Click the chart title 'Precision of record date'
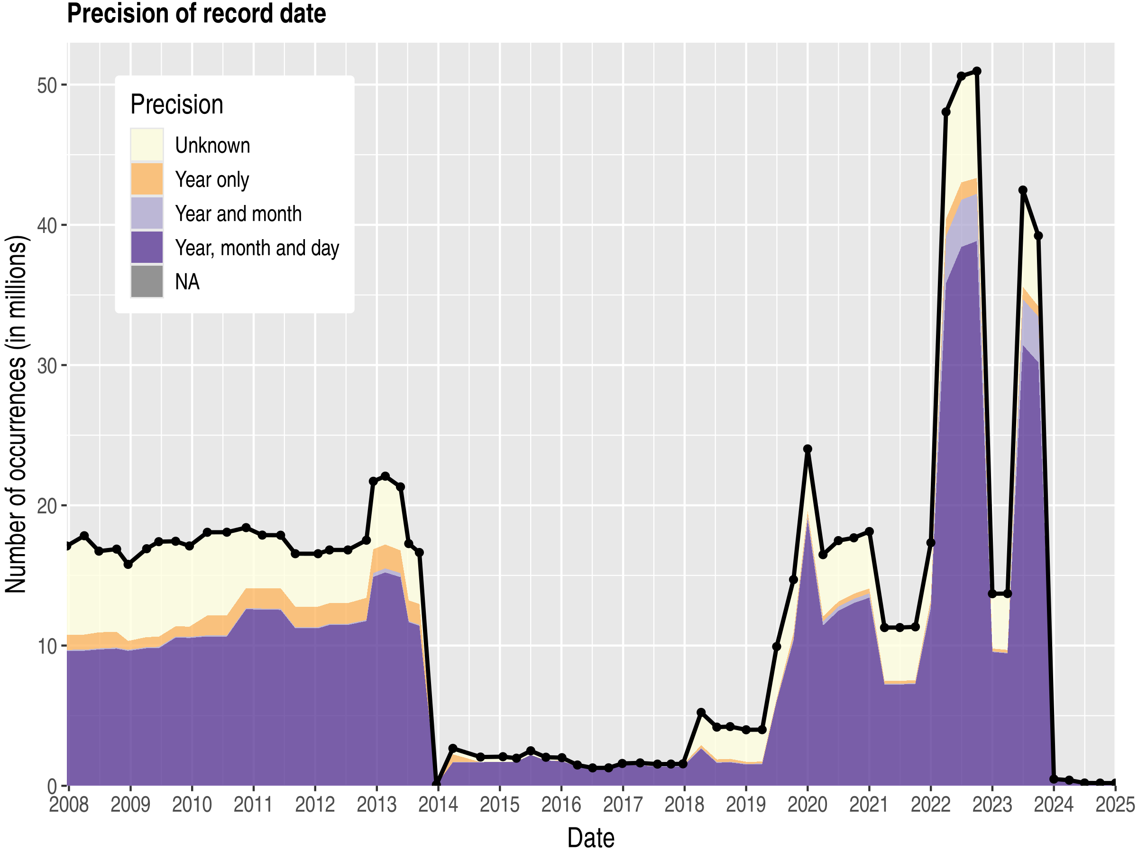[x=196, y=14]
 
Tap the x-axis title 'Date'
[x=591, y=837]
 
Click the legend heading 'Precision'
[x=176, y=104]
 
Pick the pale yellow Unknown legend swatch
[x=147, y=145]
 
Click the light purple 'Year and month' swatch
[x=147, y=213]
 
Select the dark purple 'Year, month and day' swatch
[x=147, y=248]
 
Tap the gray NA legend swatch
[x=147, y=281]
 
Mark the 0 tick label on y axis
[x=52, y=786]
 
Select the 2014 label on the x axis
[x=438, y=805]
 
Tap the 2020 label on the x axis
[x=807, y=805]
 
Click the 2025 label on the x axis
[x=1115, y=805]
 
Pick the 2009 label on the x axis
[x=130, y=805]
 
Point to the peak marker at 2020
[x=808, y=449]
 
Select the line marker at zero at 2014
[x=437, y=785]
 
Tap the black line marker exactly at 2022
[x=931, y=543]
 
